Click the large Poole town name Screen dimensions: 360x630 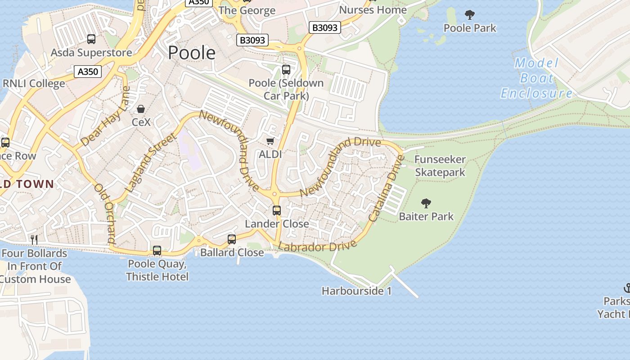click(192, 53)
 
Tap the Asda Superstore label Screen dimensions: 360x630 click(91, 53)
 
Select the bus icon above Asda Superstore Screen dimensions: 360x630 click(91, 39)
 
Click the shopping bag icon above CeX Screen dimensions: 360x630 click(141, 109)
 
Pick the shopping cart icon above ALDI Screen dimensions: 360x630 click(270, 141)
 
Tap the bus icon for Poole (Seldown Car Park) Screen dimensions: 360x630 click(286, 70)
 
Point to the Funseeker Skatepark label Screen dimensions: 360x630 click(440, 166)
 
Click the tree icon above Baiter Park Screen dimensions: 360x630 click(426, 203)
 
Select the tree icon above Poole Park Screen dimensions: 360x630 click(470, 15)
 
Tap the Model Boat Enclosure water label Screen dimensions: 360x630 click(536, 78)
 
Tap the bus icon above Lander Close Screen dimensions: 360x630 click(277, 210)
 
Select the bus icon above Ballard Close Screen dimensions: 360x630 click(232, 239)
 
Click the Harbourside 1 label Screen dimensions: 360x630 click(356, 291)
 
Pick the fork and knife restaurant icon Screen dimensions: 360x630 click(33, 239)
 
